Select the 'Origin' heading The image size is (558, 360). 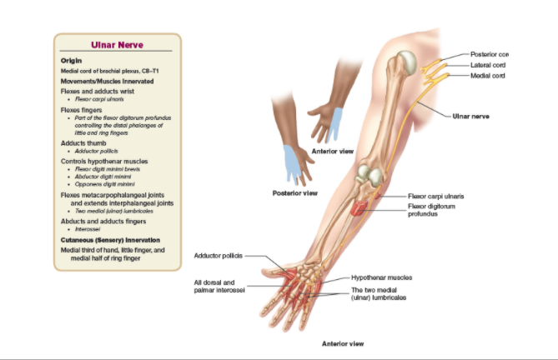click(71, 60)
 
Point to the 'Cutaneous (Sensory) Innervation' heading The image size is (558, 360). click(108, 239)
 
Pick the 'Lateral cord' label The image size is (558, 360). click(489, 64)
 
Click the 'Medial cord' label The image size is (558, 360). click(488, 76)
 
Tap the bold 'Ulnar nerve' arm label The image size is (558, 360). click(471, 116)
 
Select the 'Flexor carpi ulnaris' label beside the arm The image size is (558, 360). click(435, 196)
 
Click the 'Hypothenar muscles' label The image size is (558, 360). click(381, 277)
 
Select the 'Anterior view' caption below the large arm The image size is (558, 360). click(343, 342)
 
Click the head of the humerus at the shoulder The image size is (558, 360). click(405, 62)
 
